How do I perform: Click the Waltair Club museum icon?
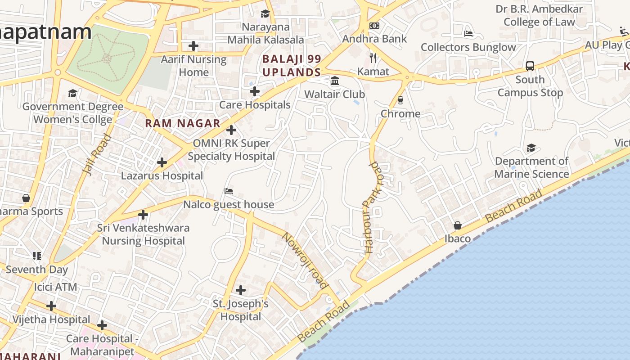click(x=335, y=81)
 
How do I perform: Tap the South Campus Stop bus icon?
click(x=530, y=66)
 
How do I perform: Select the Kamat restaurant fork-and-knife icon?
click(x=373, y=58)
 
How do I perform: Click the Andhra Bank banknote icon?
click(x=374, y=26)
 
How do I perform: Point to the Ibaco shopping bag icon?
click(x=458, y=225)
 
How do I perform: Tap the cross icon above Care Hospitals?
click(x=255, y=91)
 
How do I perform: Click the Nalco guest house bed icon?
click(x=229, y=191)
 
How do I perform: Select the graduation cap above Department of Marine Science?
click(x=531, y=148)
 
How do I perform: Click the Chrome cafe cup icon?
click(x=400, y=100)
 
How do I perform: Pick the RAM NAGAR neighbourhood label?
click(x=183, y=123)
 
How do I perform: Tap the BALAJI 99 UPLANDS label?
click(x=292, y=66)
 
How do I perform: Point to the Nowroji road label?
click(x=305, y=260)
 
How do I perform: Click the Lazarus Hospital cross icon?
click(x=162, y=162)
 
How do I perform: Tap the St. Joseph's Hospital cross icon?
click(x=241, y=290)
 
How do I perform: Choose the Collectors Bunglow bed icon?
click(x=468, y=34)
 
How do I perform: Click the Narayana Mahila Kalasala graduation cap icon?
click(x=265, y=14)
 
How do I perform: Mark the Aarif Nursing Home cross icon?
click(x=193, y=46)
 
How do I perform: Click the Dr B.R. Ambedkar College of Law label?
click(x=539, y=15)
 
